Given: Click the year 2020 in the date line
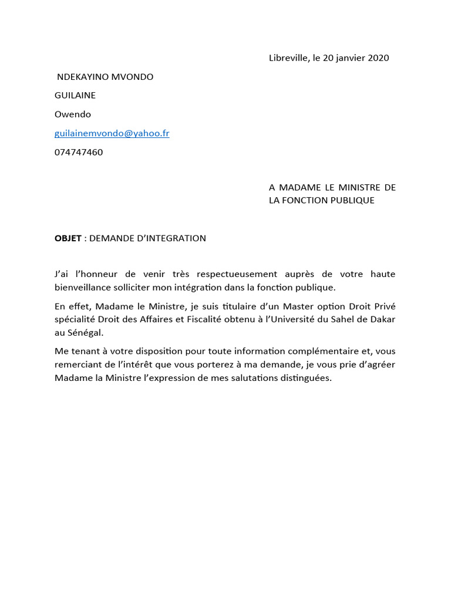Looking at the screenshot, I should [378, 58].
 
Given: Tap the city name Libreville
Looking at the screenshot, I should [287, 58].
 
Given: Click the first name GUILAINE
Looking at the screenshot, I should [75, 95].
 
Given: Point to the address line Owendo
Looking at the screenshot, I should [73, 114].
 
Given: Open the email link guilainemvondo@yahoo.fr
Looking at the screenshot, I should [112, 133].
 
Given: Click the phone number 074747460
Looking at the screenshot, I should [79, 152].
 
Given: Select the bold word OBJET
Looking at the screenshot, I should [68, 238].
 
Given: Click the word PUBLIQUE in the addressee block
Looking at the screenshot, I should [351, 200].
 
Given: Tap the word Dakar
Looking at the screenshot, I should [382, 319].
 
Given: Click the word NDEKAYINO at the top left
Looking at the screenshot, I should [80, 77].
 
